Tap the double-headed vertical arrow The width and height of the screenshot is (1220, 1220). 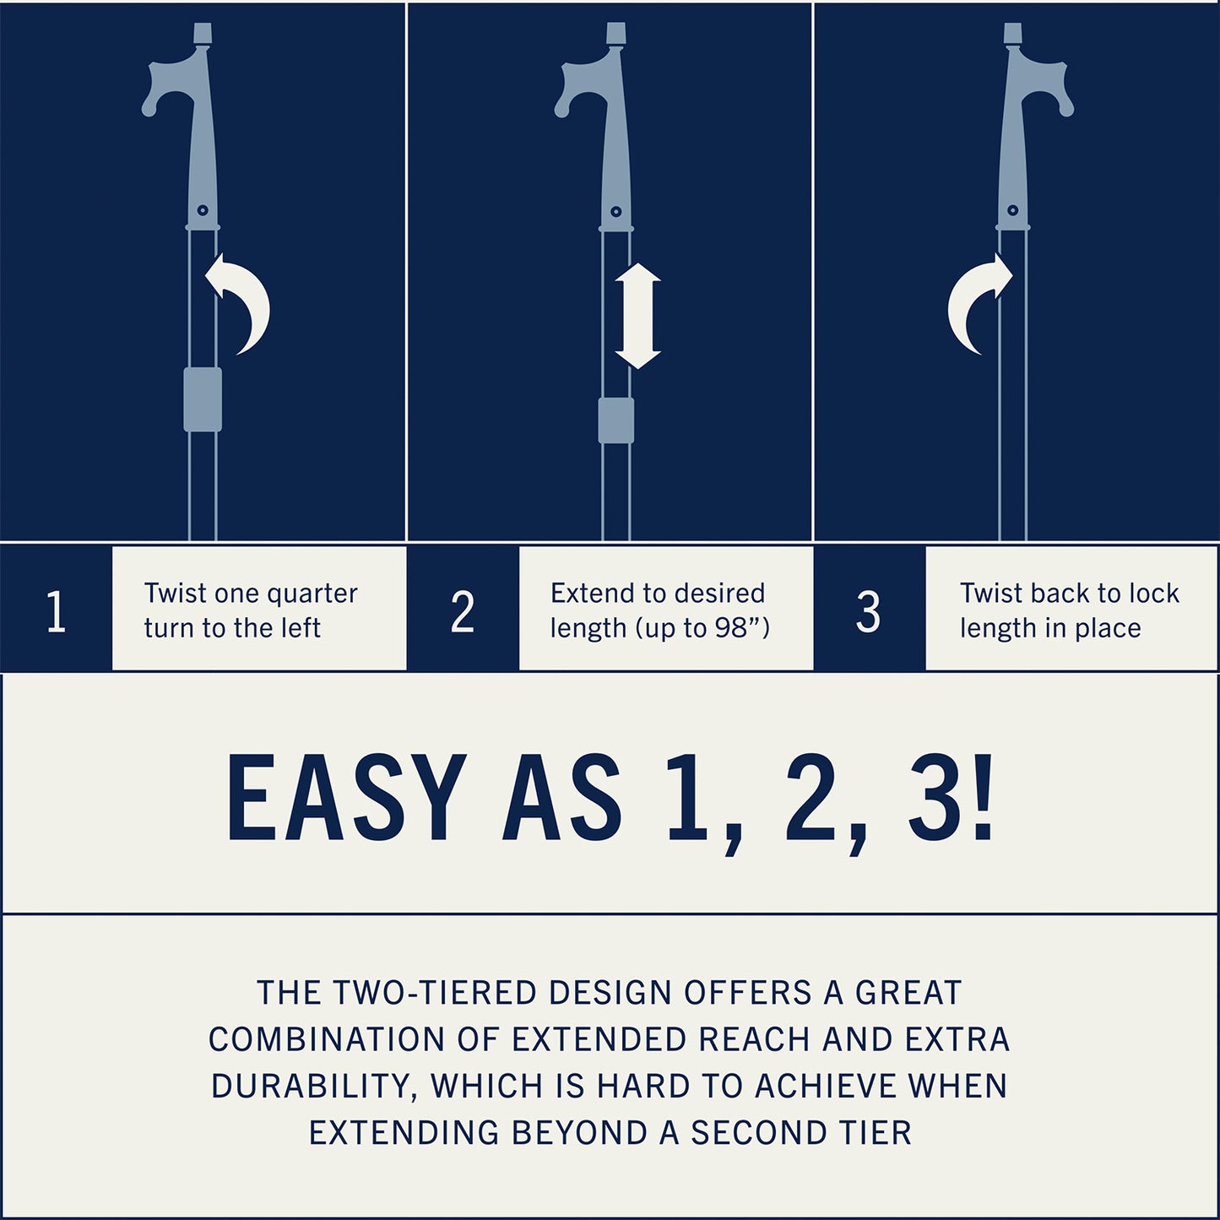(x=637, y=316)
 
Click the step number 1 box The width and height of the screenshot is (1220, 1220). (x=57, y=609)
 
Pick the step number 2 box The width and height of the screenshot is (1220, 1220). (x=463, y=609)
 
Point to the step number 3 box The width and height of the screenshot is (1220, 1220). (x=869, y=609)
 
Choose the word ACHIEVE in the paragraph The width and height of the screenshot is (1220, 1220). (x=824, y=1086)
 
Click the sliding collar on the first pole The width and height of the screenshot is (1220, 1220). (x=203, y=399)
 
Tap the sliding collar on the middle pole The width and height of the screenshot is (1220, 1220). (x=616, y=420)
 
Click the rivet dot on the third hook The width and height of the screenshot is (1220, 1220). (x=1012, y=210)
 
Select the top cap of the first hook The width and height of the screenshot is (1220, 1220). (x=203, y=33)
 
